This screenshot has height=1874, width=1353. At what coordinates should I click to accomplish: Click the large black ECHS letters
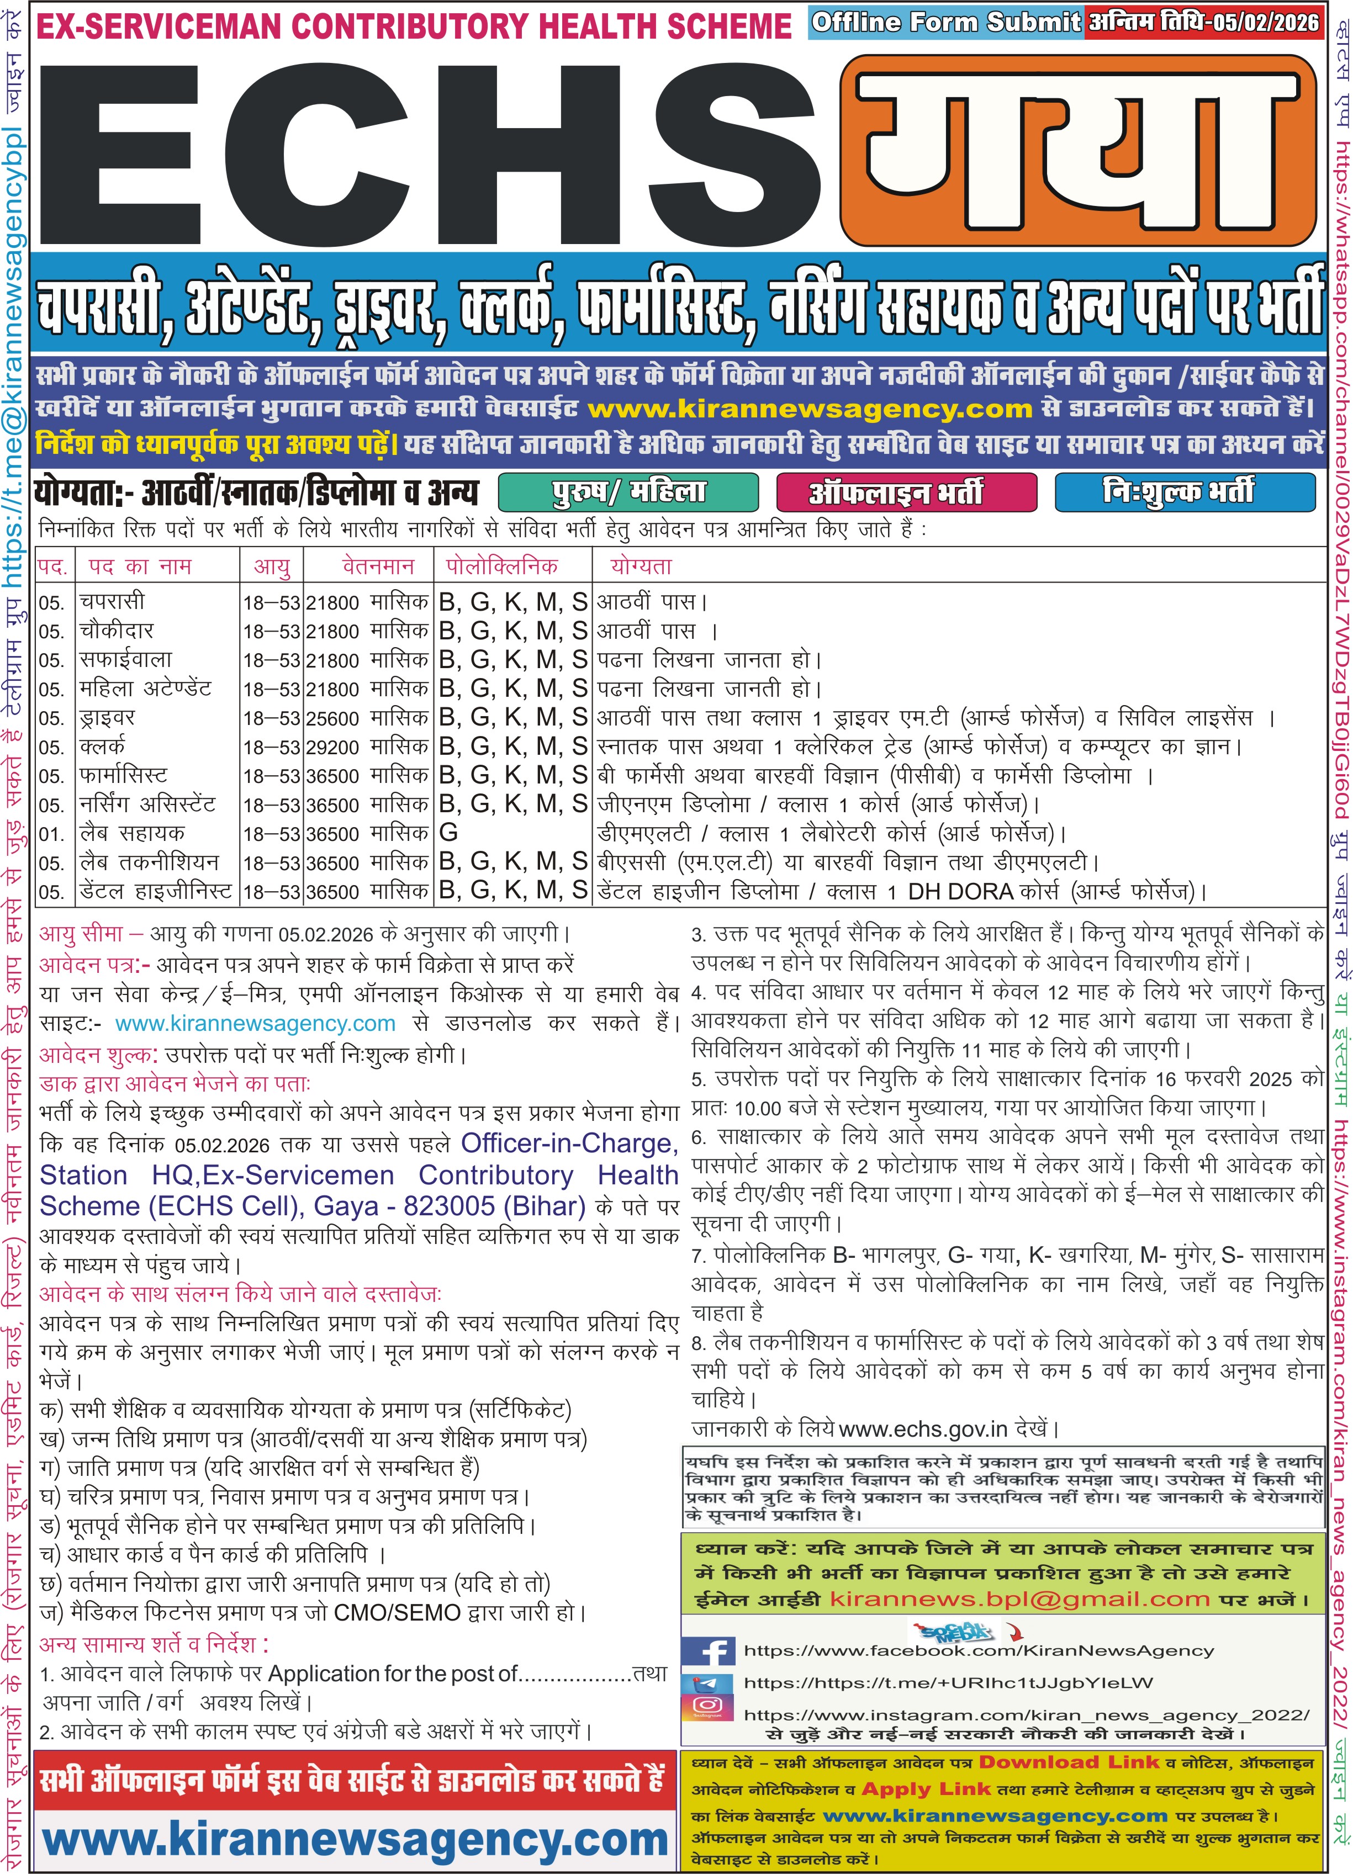coord(430,149)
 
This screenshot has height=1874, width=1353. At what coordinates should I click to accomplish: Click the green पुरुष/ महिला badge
coord(628,493)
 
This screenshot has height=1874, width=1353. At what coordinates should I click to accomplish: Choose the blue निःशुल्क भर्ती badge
coord(1183,493)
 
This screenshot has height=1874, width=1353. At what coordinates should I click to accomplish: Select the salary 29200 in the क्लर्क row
coord(332,748)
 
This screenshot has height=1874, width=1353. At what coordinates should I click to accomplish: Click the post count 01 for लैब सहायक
coord(51,834)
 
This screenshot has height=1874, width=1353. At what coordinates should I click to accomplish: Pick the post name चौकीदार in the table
coord(117,631)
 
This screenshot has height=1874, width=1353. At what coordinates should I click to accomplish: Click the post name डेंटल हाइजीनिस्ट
coord(155,892)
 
